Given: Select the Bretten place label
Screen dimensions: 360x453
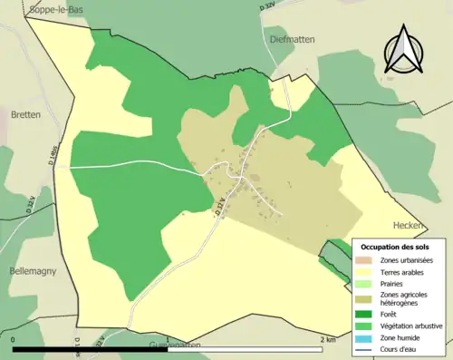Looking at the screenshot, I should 25,115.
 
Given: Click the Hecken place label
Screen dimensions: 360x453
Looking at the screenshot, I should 409,225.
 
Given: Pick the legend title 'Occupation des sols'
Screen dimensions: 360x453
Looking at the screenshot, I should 395,247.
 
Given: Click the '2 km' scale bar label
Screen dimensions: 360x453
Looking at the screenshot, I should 327,339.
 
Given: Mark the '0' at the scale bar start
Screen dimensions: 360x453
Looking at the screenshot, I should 14,339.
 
